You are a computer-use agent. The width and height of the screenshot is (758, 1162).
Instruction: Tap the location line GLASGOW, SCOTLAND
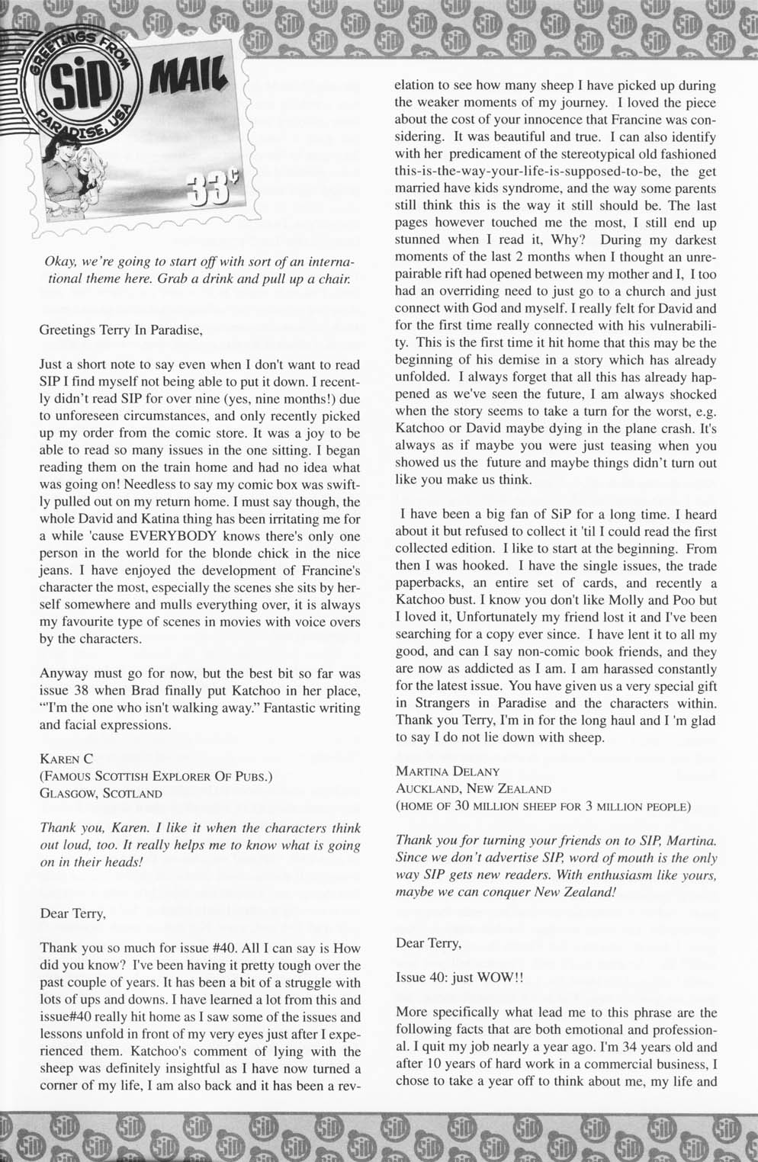[x=101, y=793]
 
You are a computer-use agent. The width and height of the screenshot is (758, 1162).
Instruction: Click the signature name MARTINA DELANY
[x=447, y=772]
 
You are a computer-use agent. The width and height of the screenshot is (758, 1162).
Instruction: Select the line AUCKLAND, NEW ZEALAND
[x=473, y=788]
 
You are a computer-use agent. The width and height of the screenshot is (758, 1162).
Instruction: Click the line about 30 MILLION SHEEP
[x=543, y=806]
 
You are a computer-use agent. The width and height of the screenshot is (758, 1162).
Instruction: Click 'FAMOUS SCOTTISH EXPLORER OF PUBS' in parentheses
[x=156, y=776]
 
